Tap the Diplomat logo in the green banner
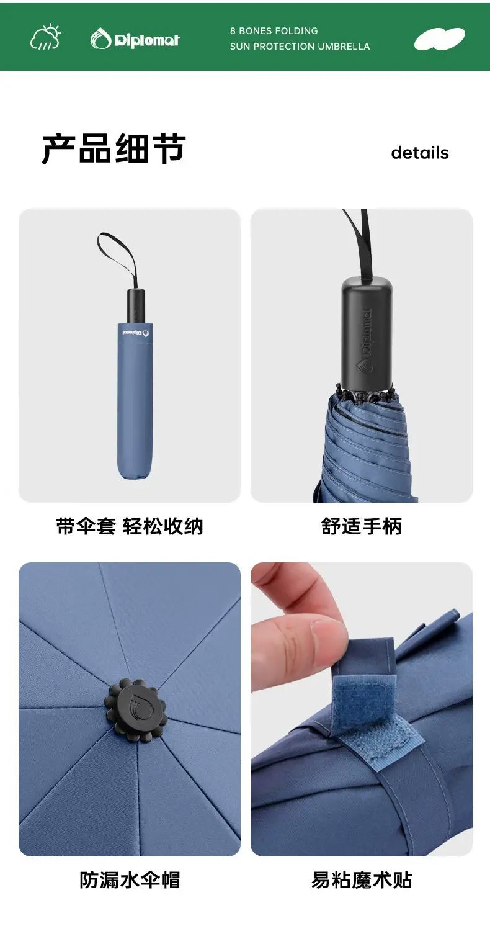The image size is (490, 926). click(135, 39)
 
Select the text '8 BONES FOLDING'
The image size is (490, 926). click(274, 31)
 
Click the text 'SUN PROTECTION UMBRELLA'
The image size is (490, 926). click(300, 47)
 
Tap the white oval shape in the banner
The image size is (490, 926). click(439, 39)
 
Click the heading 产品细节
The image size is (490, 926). click(114, 148)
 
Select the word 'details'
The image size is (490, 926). click(420, 153)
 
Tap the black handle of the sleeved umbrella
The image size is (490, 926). click(136, 305)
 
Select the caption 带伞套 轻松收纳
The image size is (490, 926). click(130, 526)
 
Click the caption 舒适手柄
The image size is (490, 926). click(362, 526)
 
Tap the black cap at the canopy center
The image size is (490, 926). click(135, 710)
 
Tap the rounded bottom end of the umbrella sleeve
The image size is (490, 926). click(135, 470)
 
